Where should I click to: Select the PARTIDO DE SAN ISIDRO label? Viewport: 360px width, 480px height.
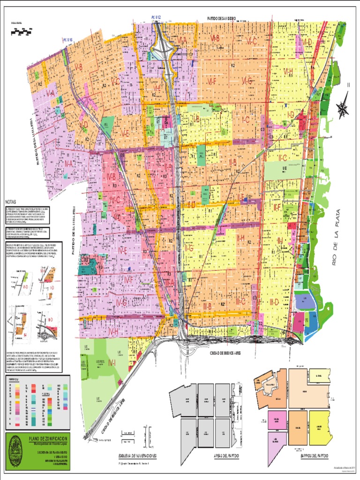coord(222,18)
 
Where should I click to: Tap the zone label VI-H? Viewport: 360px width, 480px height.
coord(288,71)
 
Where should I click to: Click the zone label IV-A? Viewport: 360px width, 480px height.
coord(68,164)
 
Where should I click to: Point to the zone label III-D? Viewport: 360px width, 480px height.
coord(274,302)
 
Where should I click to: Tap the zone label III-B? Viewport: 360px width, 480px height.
coord(207,306)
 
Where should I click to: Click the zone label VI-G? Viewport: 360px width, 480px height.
coord(247,81)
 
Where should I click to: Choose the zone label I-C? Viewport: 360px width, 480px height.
coord(245,120)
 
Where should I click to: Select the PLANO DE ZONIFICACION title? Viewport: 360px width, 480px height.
coord(47,437)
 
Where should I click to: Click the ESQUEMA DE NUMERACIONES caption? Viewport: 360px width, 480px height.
coord(137,456)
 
